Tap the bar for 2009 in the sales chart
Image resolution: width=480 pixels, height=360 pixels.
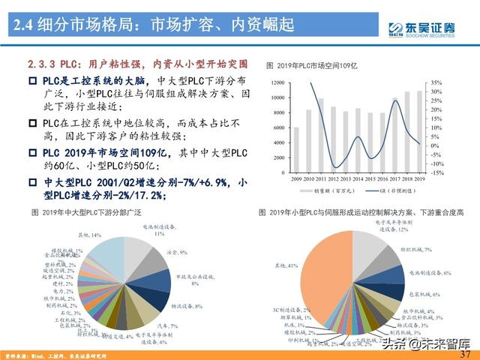[x=295, y=149]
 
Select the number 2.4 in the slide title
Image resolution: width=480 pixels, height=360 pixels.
[x=28, y=28]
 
